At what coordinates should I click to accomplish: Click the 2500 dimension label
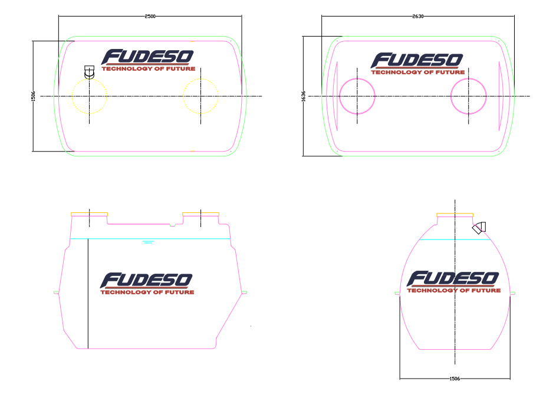tap(150, 17)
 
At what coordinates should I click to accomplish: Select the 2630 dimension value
tap(418, 17)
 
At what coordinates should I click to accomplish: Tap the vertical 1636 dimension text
tap(304, 96)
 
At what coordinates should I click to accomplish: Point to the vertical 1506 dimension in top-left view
tap(34, 96)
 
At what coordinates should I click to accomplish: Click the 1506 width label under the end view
tap(455, 379)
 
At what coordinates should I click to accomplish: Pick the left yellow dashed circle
tap(72, 96)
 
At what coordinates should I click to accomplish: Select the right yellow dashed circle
tap(183, 96)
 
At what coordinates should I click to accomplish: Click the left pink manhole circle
tap(340, 96)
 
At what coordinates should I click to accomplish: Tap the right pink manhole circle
tap(451, 96)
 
